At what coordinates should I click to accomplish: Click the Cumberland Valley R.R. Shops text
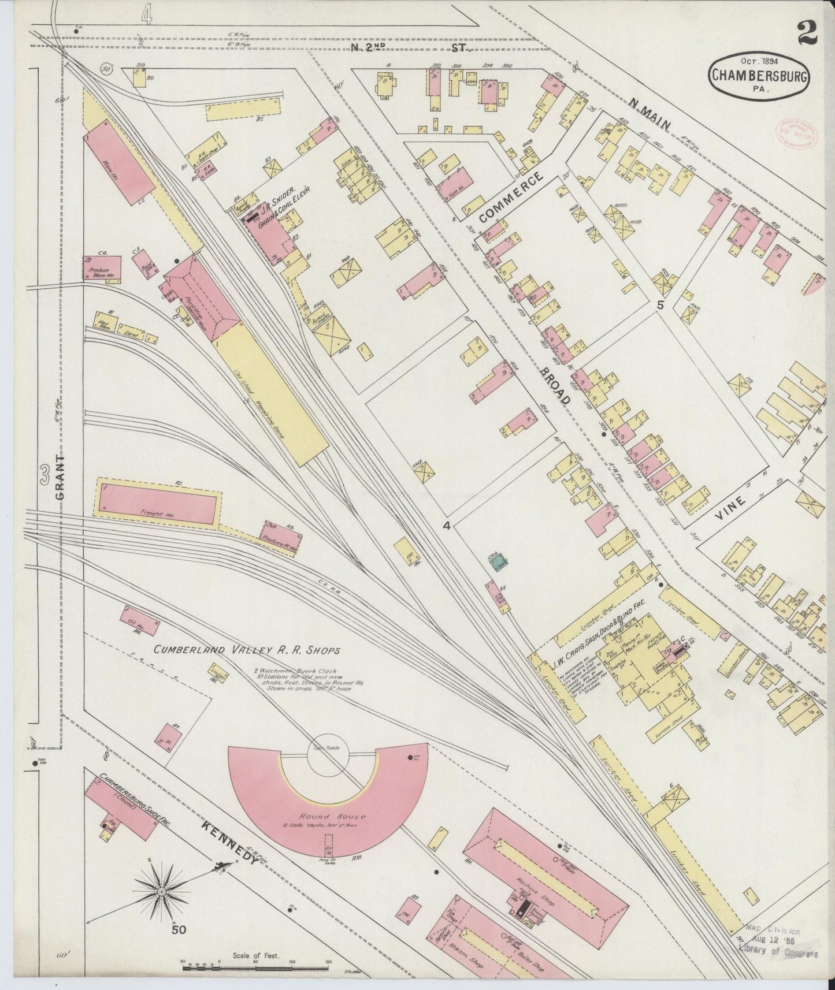[247, 650]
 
